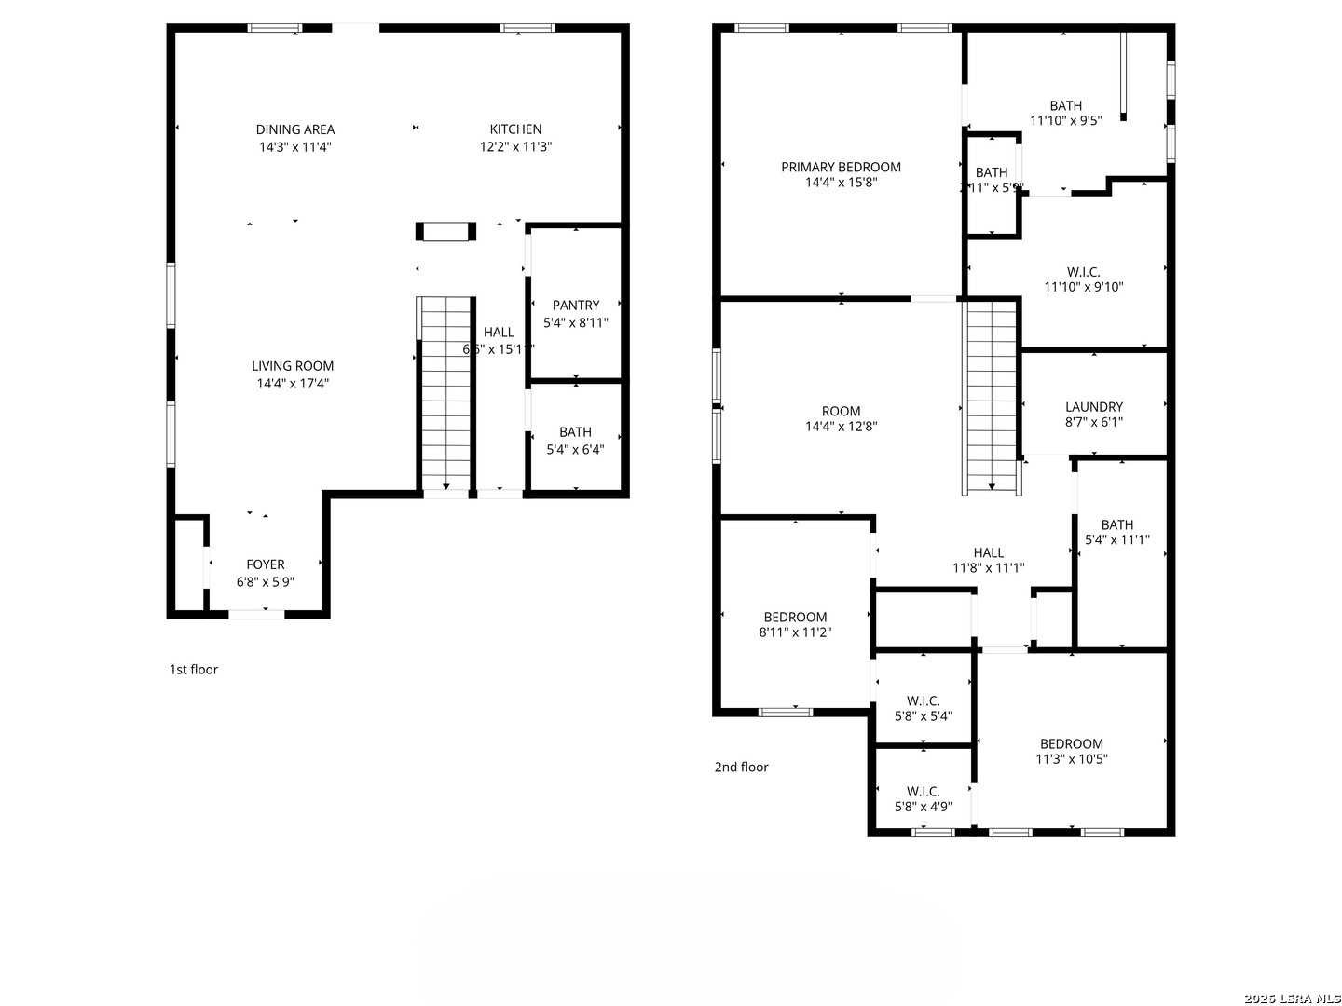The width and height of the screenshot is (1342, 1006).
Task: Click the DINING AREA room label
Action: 295,129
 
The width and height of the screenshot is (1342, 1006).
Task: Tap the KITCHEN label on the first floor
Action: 515,129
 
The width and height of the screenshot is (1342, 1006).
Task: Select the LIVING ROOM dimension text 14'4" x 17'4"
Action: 293,383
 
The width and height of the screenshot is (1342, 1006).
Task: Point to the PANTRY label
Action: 576,306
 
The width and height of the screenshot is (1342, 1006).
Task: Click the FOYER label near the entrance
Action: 266,564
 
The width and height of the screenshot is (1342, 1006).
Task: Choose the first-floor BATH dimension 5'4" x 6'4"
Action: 575,449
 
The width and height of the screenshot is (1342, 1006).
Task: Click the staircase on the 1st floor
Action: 446,391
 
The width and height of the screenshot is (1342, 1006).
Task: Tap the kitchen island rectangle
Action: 445,232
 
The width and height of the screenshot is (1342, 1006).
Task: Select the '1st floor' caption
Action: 194,670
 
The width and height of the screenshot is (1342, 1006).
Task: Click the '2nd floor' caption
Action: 742,768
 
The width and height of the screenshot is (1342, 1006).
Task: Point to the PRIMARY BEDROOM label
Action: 841,168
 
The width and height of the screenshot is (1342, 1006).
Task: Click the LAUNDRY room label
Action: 1094,407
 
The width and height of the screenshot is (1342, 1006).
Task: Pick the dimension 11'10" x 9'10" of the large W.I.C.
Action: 1083,288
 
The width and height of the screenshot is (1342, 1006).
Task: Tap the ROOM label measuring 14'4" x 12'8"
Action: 842,411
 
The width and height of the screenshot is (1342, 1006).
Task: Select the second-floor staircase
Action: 992,396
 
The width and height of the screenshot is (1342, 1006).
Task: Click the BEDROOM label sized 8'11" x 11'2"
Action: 795,617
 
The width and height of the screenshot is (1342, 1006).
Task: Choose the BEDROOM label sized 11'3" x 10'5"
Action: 1072,743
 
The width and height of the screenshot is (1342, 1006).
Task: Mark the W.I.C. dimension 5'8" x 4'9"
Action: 924,808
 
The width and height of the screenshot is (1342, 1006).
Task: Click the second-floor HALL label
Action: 989,552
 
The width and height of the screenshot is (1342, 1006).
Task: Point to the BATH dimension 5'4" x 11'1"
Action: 1117,540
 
